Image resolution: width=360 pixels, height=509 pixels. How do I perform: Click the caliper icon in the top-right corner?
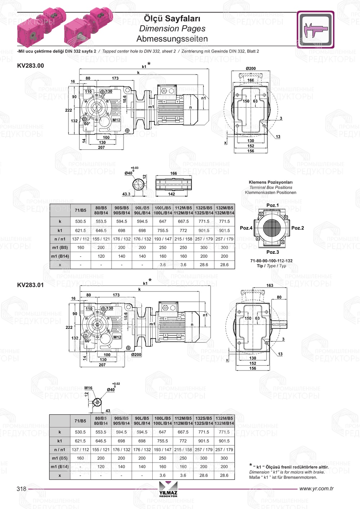315,30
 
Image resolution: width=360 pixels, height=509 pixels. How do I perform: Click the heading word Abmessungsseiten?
172,39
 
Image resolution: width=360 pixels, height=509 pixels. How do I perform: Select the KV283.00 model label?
31,66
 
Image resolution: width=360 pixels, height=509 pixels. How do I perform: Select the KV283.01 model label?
31,285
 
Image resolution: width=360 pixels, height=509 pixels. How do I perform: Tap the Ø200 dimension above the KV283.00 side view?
251,68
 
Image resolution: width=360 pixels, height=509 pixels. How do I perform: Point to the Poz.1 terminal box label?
273,205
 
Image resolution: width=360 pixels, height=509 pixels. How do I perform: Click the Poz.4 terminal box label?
246,228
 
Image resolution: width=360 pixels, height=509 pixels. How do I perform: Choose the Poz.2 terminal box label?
298,228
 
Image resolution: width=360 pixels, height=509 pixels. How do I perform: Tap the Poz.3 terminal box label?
273,252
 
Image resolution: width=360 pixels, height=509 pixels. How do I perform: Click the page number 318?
22,488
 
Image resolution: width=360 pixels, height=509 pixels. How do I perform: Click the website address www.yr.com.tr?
316,488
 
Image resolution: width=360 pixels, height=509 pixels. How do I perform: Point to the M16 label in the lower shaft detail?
88,388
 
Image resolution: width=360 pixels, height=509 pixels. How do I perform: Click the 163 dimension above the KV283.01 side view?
270,285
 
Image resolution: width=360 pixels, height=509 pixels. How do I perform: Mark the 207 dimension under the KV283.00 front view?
102,147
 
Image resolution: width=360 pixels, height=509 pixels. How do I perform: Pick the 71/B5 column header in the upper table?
81,210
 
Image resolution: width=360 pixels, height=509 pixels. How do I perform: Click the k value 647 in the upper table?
163,221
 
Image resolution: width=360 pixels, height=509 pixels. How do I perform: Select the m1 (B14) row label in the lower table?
60,467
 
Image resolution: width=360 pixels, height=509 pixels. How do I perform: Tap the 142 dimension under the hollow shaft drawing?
172,194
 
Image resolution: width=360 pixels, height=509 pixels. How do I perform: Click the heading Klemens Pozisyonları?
271,182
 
